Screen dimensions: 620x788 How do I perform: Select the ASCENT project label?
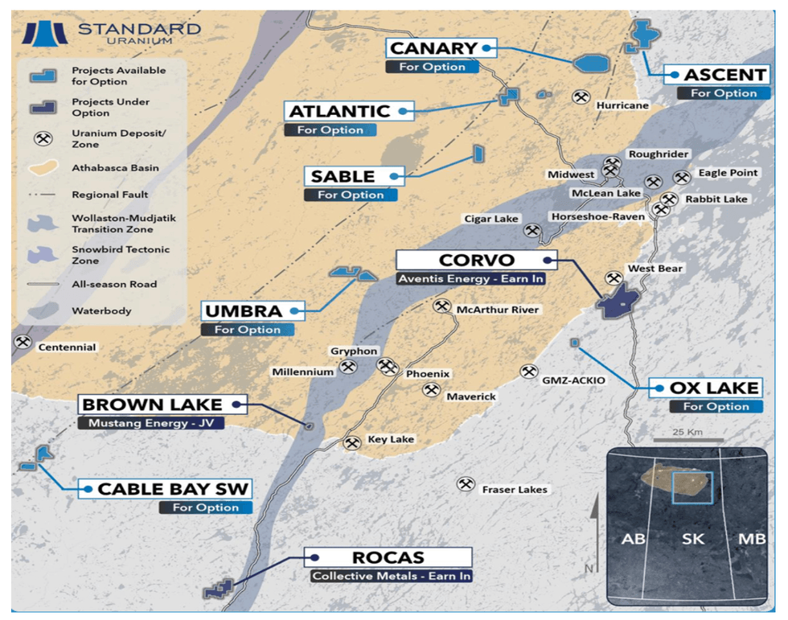tap(724, 75)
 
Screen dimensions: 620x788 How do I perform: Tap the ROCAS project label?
tap(388, 557)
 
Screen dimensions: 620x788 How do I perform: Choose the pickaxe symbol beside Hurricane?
tap(580, 96)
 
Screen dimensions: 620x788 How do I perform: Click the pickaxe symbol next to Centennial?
tap(23, 343)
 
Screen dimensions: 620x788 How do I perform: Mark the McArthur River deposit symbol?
tap(441, 306)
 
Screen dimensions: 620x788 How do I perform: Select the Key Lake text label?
tap(390, 440)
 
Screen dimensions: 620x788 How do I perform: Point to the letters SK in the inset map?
tap(692, 539)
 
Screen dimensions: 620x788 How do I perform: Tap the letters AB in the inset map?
tap(634, 539)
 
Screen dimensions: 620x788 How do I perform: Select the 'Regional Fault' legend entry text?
tap(109, 195)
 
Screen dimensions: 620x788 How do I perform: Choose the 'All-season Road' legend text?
tap(114, 284)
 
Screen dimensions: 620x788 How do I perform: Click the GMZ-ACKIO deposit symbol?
tap(528, 372)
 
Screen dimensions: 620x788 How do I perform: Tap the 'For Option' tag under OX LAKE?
tap(716, 407)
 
